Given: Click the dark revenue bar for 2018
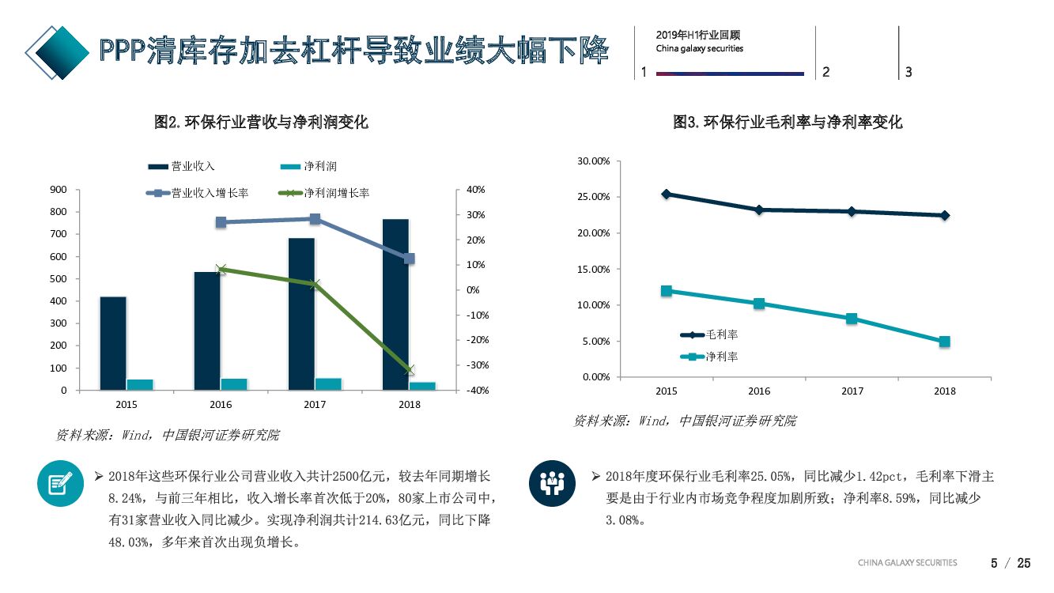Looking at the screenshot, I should pos(395,304).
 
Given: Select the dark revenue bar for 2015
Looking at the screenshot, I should pos(113,343).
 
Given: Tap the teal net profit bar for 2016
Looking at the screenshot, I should pos(234,384).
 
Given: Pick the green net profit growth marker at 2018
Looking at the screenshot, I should pos(409,369).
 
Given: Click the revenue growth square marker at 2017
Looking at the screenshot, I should pos(315,219).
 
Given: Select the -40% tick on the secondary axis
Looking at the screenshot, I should pos(478,391).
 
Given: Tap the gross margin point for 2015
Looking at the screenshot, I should pos(667,194).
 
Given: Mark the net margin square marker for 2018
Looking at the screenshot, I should pos(944,342).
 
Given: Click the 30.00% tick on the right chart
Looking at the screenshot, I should pos(593,161).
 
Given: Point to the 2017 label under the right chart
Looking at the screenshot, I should pos(852,391).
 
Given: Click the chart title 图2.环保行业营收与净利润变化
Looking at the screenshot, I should pos(261,123).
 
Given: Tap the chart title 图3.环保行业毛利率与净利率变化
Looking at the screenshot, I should pos(787,123).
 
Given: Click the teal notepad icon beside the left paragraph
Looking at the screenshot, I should pos(60,483).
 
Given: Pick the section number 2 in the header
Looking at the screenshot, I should pos(825,72).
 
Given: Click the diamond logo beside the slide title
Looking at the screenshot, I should pos(57,52).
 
